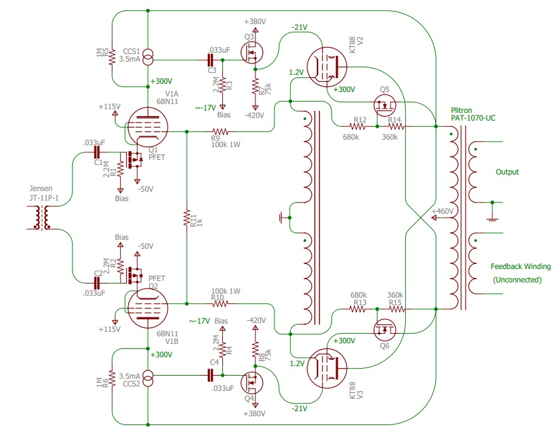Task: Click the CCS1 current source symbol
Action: [147, 60]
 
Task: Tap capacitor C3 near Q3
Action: [211, 60]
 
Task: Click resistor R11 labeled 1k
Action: [187, 218]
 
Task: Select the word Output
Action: [507, 172]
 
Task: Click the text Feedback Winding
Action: [520, 266]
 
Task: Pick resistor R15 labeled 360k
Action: [394, 309]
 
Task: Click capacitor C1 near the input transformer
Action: [97, 153]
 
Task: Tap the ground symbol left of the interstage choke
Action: [281, 219]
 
